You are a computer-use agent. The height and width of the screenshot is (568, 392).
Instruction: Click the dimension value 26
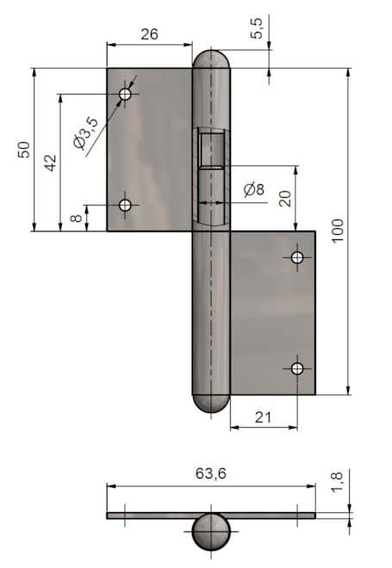click(149, 34)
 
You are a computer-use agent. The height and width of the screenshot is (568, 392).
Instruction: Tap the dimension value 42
click(51, 163)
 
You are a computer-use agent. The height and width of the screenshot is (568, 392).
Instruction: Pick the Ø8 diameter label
click(254, 189)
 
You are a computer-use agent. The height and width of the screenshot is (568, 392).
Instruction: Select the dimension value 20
click(285, 198)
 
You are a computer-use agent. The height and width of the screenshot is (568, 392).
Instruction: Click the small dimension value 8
click(78, 219)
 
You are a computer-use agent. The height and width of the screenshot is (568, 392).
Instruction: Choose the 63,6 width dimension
click(210, 473)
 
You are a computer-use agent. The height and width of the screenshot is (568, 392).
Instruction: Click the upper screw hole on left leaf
click(125, 93)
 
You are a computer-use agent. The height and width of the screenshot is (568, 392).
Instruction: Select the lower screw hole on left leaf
click(125, 205)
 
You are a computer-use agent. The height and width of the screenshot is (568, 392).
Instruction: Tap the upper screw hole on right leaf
click(297, 257)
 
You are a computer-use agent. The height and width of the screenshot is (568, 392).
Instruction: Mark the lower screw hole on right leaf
click(297, 368)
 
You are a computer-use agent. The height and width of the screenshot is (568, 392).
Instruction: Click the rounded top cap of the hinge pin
click(211, 60)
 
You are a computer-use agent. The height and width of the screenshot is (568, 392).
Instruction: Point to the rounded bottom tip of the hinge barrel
click(211, 403)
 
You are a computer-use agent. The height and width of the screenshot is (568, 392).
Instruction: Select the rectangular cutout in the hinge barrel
click(211, 150)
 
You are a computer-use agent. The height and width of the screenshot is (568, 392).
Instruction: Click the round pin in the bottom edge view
click(211, 532)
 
